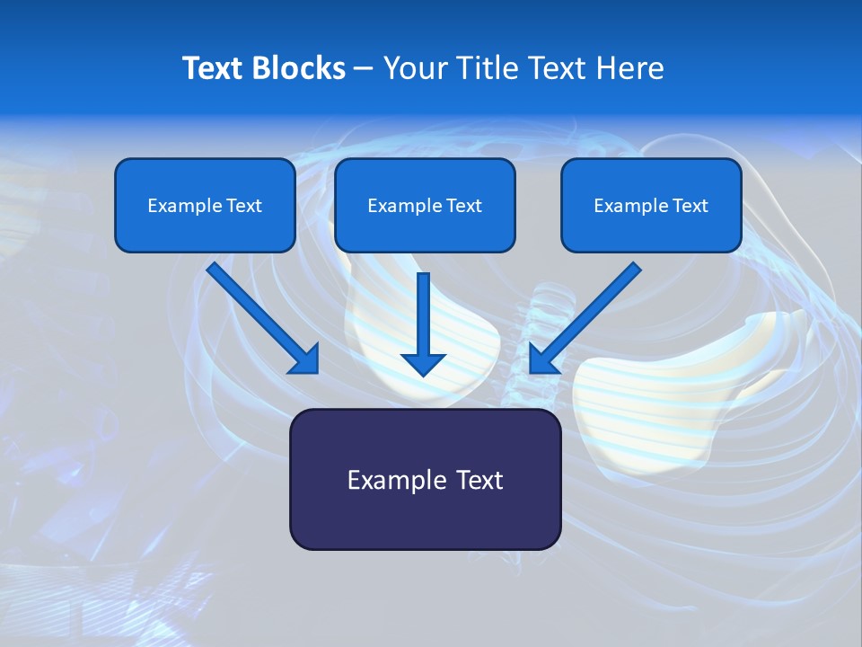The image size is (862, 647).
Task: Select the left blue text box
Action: (205, 205)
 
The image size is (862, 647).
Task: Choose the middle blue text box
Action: (425, 205)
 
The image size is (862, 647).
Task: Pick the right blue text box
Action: (651, 205)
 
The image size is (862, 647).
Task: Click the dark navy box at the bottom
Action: (425, 479)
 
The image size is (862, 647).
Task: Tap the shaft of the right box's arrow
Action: (593, 311)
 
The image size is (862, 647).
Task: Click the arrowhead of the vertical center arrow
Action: (424, 363)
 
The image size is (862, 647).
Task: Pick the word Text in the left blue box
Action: (243, 206)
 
